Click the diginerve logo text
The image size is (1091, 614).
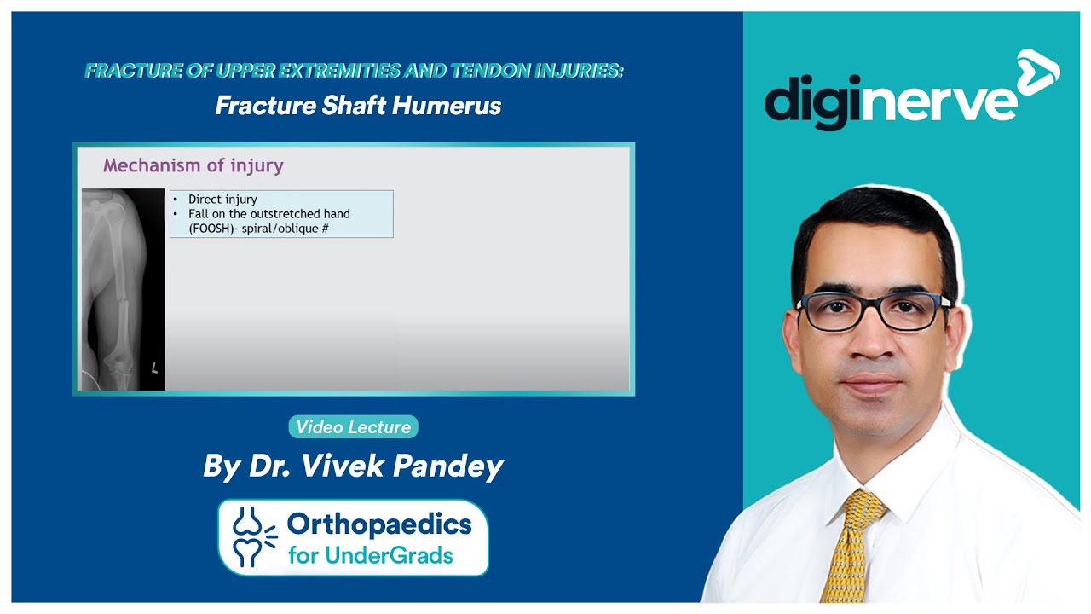(891, 101)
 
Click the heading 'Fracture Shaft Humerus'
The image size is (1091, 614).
(358, 106)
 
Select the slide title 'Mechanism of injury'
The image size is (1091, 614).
(193, 165)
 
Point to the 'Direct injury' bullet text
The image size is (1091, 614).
(222, 200)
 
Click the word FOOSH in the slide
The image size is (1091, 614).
(209, 229)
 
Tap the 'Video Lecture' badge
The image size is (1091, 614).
(353, 427)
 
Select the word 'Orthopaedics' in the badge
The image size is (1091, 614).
(379, 524)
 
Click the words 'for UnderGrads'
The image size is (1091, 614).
(371, 556)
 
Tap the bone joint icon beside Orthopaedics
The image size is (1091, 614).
(253, 537)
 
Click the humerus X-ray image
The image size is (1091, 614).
(123, 290)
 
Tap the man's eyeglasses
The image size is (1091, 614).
(874, 309)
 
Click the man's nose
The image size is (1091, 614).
(869, 341)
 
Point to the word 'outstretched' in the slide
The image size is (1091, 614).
(277, 214)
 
